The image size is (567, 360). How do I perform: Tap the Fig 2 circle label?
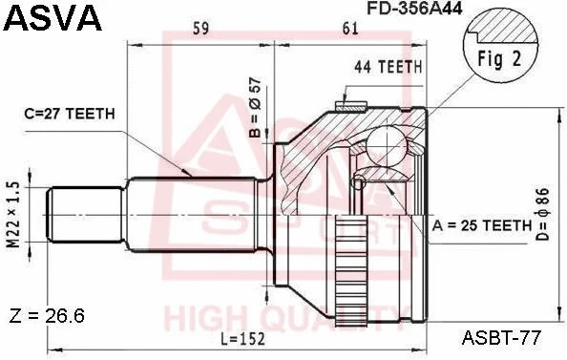point(498,56)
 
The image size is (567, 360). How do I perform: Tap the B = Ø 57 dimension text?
point(255,109)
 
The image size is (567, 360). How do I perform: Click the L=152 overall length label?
point(234,337)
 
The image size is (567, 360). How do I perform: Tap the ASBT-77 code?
point(503,336)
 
